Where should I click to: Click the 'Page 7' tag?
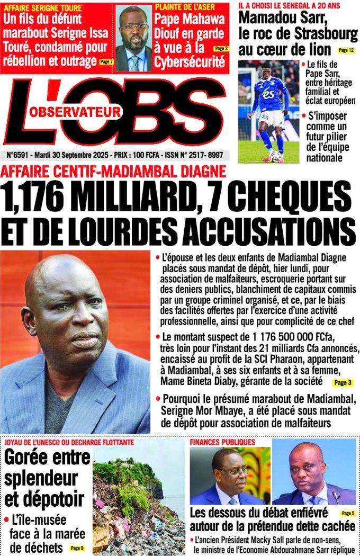tap(106, 62)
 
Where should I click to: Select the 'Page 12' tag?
tap(346, 50)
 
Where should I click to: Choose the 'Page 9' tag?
tap(77, 548)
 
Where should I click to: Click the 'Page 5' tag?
tap(347, 513)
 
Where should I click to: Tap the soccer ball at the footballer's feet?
tap(274, 156)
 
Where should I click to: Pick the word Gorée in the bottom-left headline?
tap(24, 457)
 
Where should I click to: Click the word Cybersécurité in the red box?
tap(190, 62)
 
